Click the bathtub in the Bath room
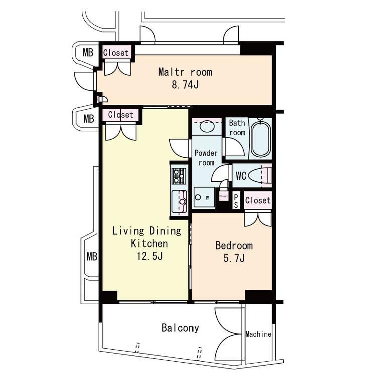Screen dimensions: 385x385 click(x=261, y=139)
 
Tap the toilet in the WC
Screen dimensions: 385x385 click(x=260, y=176)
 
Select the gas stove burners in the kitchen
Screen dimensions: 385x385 click(x=179, y=176)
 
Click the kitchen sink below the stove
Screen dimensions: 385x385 click(x=179, y=202)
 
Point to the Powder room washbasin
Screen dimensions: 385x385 click(x=207, y=127)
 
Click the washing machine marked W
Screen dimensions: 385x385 click(x=204, y=197)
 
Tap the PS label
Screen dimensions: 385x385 click(x=236, y=201)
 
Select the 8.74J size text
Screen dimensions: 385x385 click(x=185, y=85)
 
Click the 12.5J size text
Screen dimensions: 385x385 click(x=149, y=256)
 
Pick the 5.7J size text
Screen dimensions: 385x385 click(x=234, y=258)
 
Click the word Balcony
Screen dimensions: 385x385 click(x=180, y=328)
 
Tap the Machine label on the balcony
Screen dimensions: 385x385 click(x=258, y=334)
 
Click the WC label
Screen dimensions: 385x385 click(x=241, y=176)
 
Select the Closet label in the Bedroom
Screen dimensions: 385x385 click(x=258, y=200)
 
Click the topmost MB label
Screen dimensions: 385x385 click(x=88, y=52)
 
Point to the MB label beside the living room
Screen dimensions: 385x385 click(x=92, y=257)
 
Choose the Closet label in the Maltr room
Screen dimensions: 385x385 click(x=116, y=53)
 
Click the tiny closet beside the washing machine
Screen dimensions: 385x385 click(x=224, y=196)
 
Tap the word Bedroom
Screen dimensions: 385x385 click(x=234, y=246)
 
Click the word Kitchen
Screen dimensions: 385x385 click(x=149, y=243)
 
